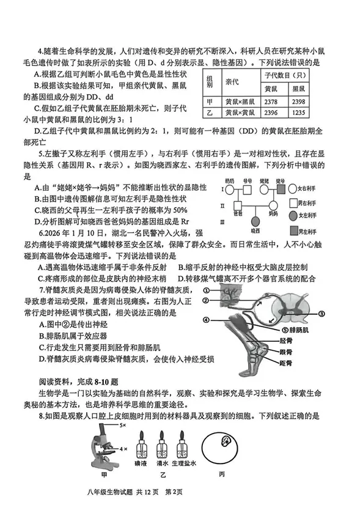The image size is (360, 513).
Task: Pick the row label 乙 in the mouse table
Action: click(x=209, y=114)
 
